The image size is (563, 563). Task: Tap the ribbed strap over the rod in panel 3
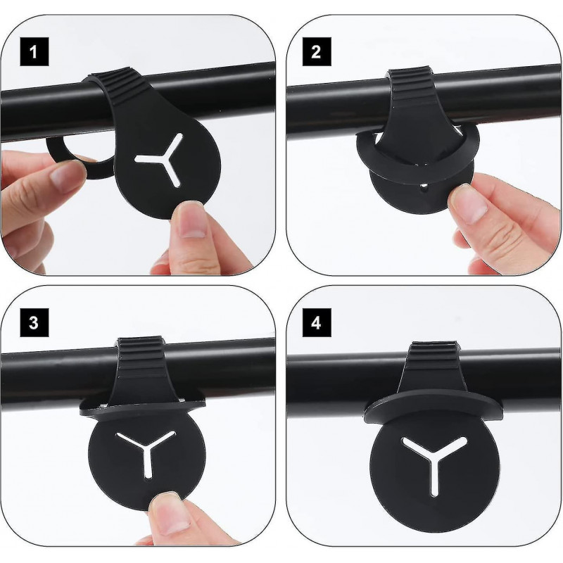tap(140, 369)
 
